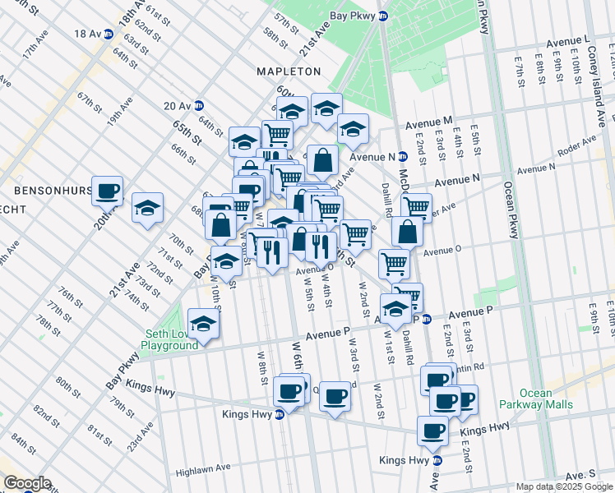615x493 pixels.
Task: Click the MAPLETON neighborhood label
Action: point(289,71)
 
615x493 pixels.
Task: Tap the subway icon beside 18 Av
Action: point(108,33)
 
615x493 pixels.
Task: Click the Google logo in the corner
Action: point(27,483)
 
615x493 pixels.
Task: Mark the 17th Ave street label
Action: point(35,44)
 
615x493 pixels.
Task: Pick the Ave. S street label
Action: point(580,475)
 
